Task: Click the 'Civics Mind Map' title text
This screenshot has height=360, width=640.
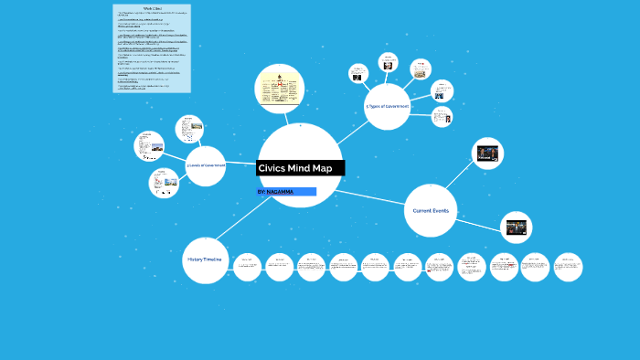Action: (294, 168)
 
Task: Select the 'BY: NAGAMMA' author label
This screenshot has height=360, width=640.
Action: (277, 192)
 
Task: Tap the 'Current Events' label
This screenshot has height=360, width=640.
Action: (431, 211)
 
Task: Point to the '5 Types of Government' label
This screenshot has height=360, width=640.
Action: (387, 107)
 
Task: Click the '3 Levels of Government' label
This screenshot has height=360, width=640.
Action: (206, 165)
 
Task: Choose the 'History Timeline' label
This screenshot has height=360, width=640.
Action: (205, 260)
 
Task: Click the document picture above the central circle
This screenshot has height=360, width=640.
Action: (279, 90)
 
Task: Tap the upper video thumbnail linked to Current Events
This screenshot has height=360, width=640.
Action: (487, 153)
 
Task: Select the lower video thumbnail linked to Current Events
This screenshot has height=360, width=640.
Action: (516, 227)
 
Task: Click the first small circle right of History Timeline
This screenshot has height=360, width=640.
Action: (247, 266)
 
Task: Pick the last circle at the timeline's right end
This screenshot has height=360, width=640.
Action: (569, 266)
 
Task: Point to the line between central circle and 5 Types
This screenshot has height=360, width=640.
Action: (350, 133)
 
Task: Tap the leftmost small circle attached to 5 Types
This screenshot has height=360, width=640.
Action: (356, 73)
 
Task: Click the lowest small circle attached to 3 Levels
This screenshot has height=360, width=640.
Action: (165, 183)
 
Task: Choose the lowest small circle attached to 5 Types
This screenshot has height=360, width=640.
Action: (442, 116)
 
